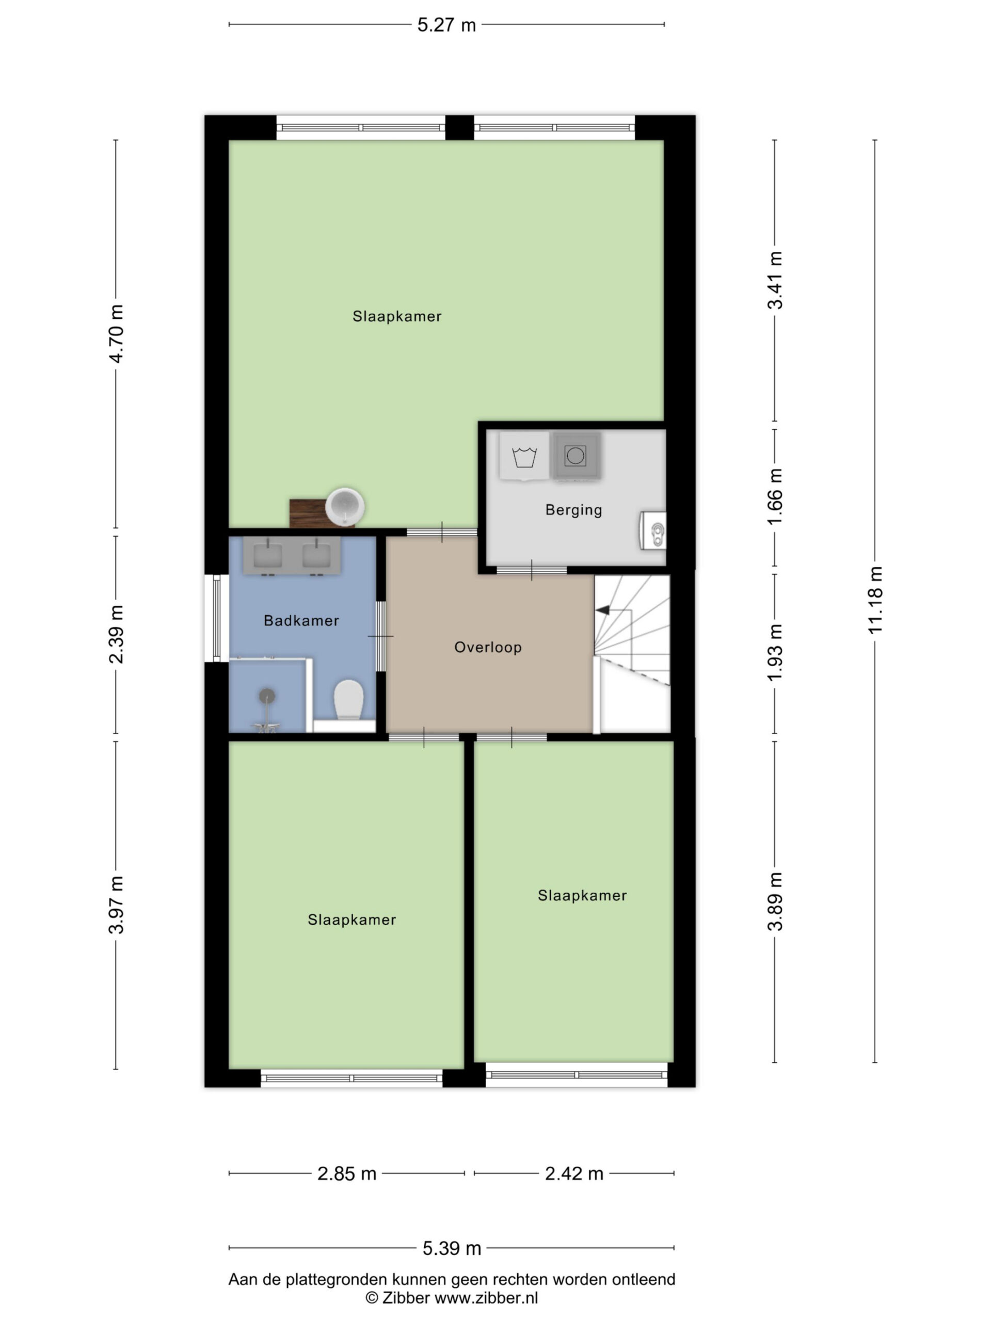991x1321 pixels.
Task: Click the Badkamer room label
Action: coord(301,620)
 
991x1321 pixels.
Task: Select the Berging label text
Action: coord(573,509)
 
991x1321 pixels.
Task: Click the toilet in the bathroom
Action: coord(348,700)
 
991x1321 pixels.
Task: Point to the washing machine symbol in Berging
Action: coord(524,456)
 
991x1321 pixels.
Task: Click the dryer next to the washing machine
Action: coord(576,456)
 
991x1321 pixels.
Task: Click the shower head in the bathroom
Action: coord(267,696)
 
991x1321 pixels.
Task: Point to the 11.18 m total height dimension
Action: coord(875,600)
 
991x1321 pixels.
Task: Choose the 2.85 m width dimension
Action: coord(346,1173)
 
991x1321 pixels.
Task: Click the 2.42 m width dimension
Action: coord(574,1173)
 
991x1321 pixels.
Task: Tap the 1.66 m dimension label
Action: coord(775,497)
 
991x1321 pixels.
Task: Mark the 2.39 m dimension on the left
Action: coord(116,634)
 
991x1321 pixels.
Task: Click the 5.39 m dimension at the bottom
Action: coord(452,1248)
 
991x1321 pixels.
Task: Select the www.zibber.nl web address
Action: coord(486,1298)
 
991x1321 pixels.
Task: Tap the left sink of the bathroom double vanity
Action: coord(267,555)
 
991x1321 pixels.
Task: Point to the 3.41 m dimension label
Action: coord(775,280)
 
